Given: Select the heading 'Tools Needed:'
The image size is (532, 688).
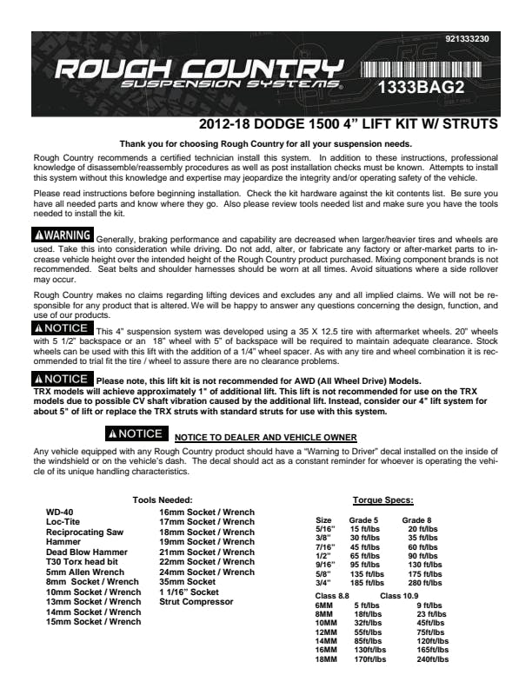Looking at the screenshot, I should tap(186, 500).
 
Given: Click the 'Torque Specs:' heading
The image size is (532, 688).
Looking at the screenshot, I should tap(382, 500).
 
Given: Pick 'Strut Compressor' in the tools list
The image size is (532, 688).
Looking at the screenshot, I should tap(196, 601).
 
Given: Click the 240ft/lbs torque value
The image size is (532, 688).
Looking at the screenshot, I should tap(432, 660).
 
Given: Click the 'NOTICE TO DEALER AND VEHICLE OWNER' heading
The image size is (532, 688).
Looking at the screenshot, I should tap(265, 437).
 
